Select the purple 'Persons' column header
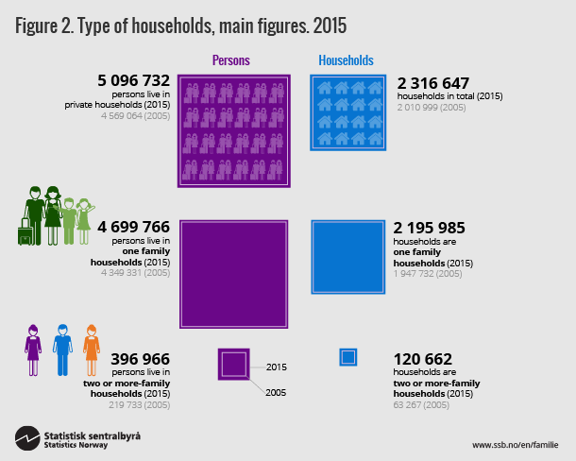(x=231, y=60)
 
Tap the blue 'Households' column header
(x=346, y=60)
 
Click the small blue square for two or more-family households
(x=347, y=357)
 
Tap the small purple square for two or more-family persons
(x=233, y=364)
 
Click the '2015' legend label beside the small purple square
(x=277, y=366)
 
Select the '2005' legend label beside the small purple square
(x=277, y=390)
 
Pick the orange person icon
(x=92, y=350)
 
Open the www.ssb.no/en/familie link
(x=516, y=444)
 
